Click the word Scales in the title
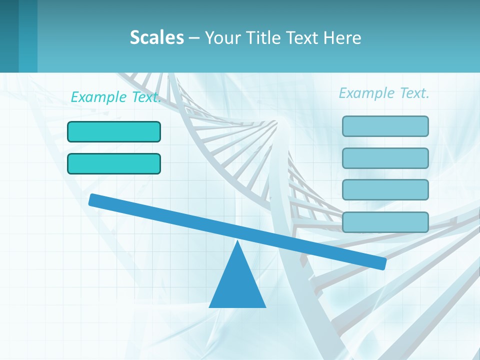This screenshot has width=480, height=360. tap(156, 37)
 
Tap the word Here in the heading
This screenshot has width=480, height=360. tap(342, 37)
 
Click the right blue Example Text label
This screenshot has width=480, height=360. tap(384, 93)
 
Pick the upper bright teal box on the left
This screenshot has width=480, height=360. tap(114, 131)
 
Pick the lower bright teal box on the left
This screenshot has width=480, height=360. tap(114, 163)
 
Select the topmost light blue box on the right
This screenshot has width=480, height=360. tap(385, 126)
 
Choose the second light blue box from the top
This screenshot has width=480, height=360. tap(385, 158)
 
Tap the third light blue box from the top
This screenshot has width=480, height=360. tap(385, 189)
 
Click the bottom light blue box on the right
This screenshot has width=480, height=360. tap(385, 222)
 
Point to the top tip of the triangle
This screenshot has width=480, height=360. tap(237, 242)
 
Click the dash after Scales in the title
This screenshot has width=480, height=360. tap(194, 38)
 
